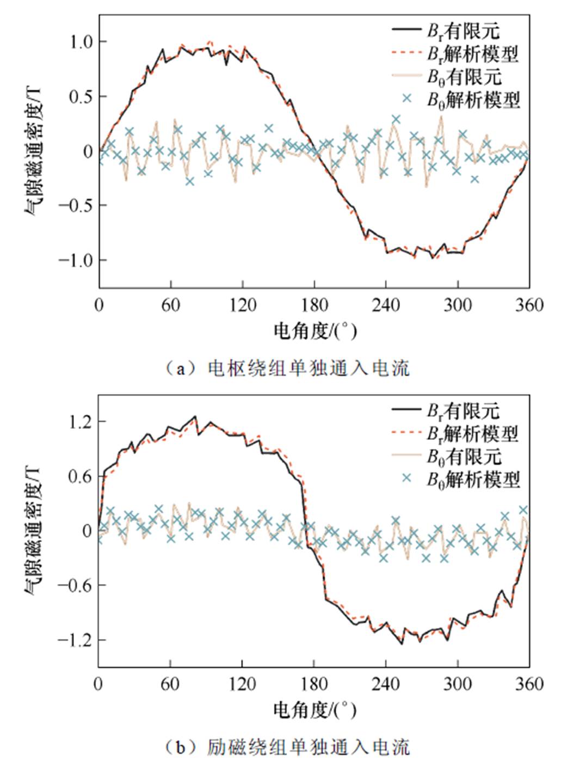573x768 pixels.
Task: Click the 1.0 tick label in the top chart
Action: coord(81,42)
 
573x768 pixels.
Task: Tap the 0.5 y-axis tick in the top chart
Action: coord(81,96)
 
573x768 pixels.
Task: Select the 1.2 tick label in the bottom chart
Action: coord(81,422)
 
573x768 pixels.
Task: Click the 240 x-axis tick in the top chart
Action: coord(386,305)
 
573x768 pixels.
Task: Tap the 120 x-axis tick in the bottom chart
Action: coord(242,684)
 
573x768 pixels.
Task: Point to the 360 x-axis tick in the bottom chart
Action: coord(529,684)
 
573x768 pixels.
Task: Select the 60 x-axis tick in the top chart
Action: coord(170,305)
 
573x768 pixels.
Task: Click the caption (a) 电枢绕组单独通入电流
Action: coord(287,368)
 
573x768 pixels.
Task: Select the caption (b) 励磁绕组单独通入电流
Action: coord(287,747)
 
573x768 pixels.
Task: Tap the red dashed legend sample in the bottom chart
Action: coord(406,433)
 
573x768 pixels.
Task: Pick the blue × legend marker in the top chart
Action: coord(406,99)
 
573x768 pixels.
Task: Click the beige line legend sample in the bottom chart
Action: coord(406,455)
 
